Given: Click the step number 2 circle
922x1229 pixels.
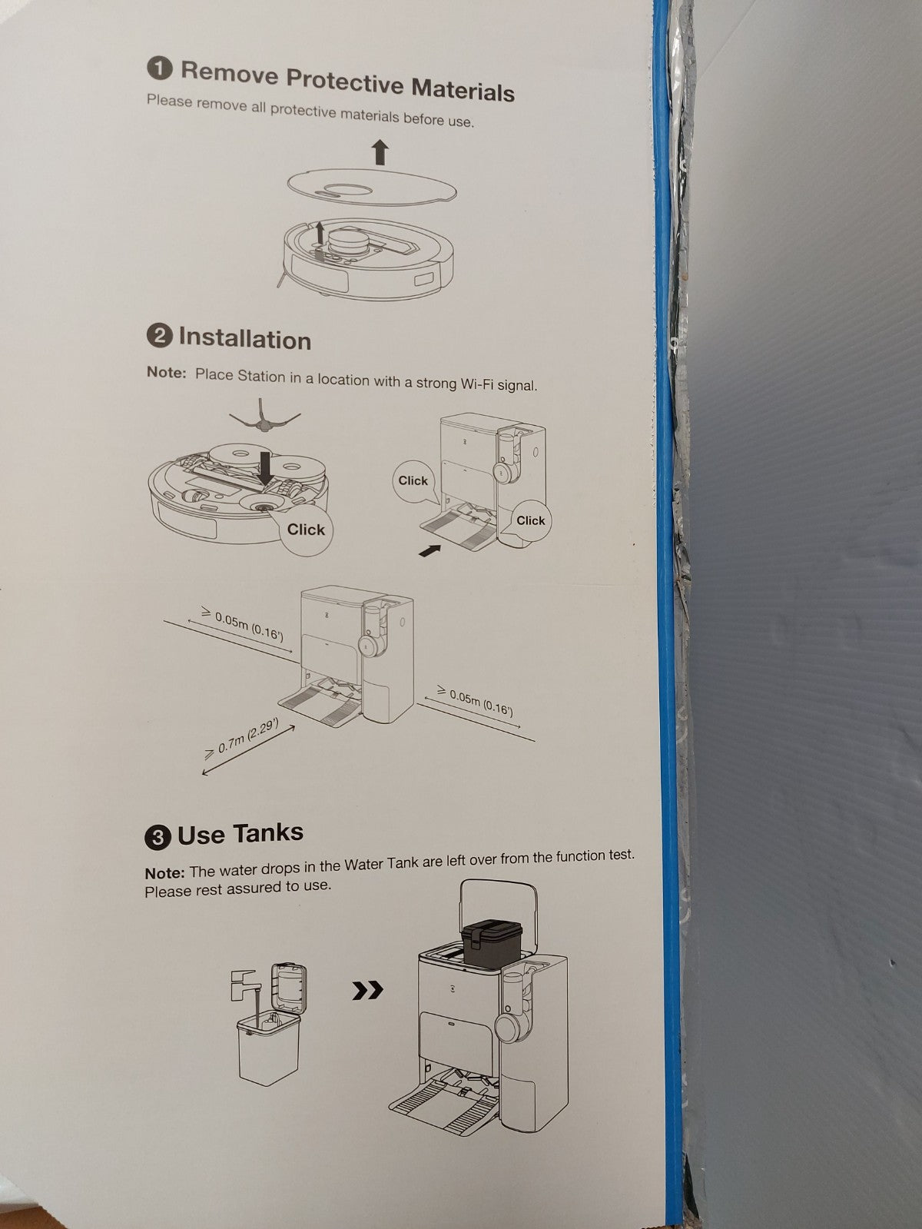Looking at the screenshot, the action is pyautogui.click(x=160, y=337).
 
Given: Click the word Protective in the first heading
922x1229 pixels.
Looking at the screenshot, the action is pyautogui.click(x=344, y=81).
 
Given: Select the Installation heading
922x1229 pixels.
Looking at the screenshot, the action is pyautogui.click(x=245, y=339).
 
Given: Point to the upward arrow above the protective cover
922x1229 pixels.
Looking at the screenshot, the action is pyautogui.click(x=380, y=152).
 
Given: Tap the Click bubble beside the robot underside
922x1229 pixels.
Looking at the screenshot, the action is pyautogui.click(x=306, y=529).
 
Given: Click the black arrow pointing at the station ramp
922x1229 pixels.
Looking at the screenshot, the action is pyautogui.click(x=429, y=551).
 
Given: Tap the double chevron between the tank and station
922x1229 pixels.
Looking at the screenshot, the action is pyautogui.click(x=368, y=991).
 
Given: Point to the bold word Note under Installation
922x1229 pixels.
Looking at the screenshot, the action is pyautogui.click(x=166, y=372).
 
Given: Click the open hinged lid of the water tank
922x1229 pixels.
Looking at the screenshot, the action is pyautogui.click(x=288, y=988).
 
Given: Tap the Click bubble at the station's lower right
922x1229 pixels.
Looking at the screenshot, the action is pyautogui.click(x=530, y=520).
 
